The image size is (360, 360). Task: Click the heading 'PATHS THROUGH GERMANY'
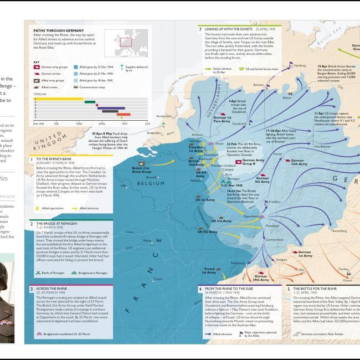53,31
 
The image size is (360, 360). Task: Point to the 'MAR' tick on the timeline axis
79,124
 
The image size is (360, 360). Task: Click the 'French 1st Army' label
208,270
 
